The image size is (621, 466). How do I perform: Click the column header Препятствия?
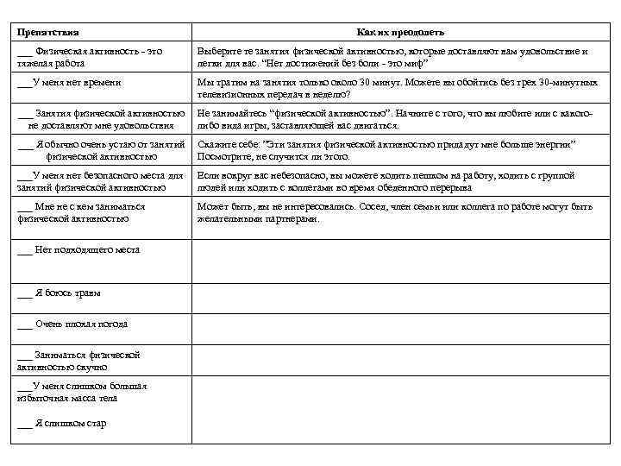[48, 32]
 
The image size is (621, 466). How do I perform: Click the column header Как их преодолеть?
[401, 32]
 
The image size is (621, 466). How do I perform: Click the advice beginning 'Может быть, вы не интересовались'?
[394, 212]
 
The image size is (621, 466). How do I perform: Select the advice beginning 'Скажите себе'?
[386, 149]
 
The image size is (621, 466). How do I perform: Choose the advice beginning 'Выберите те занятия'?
[392, 57]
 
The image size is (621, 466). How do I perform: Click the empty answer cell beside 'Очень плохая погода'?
[401, 324]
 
